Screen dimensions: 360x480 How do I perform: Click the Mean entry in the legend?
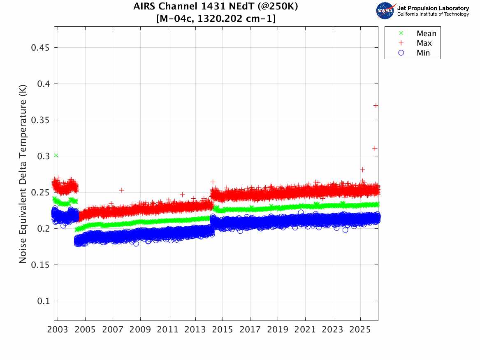click(x=426, y=34)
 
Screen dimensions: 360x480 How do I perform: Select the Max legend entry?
click(x=424, y=43)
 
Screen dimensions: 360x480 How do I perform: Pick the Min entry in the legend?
click(x=423, y=53)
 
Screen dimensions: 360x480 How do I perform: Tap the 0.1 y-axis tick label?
click(x=42, y=301)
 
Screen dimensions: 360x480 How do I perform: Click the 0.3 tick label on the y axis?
click(x=42, y=156)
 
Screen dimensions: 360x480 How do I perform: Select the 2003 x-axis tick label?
click(x=58, y=330)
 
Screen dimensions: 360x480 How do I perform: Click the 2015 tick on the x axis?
click(x=223, y=330)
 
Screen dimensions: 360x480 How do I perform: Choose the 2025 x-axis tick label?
click(x=360, y=330)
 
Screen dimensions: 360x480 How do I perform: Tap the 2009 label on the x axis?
click(x=140, y=330)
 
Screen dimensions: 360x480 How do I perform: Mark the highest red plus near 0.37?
click(x=376, y=106)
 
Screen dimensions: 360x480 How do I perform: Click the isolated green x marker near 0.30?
click(x=56, y=156)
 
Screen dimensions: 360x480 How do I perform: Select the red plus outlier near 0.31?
click(x=375, y=148)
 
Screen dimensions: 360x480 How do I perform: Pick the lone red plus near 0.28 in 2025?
click(x=362, y=170)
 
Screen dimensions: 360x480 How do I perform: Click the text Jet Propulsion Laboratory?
click(x=433, y=8)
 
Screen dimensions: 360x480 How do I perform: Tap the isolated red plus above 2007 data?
click(x=122, y=190)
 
